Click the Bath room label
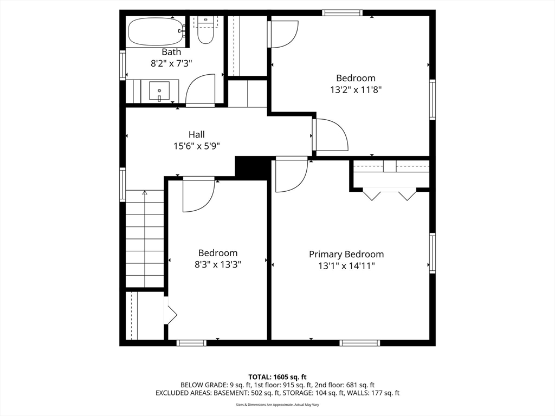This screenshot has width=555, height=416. tap(171, 52)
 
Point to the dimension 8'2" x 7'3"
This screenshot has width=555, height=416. tap(171, 63)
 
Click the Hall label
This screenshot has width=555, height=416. tap(197, 134)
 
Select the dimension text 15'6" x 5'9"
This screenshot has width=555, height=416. tap(196, 146)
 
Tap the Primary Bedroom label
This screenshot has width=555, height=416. tap(346, 254)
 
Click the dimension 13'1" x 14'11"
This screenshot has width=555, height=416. tap(346, 265)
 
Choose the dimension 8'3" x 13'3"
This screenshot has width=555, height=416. tap(217, 264)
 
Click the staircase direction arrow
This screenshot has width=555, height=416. tap(144, 193)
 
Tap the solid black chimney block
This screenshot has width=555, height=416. tap(252, 167)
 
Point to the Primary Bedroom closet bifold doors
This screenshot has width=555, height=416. tap(389, 194)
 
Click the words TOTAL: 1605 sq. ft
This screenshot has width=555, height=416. tap(277, 376)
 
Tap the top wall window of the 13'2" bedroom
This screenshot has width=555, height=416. tap(341, 13)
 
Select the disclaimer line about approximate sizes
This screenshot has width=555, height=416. tap(277, 405)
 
